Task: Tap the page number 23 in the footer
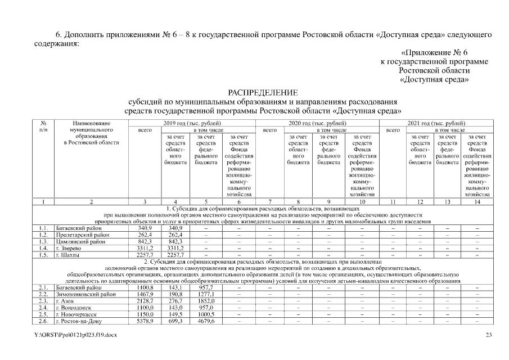489,335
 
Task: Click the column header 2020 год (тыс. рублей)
317,123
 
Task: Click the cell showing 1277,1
208,294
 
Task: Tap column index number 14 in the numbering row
477,201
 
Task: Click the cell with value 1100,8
145,288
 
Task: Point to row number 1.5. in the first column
43,254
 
